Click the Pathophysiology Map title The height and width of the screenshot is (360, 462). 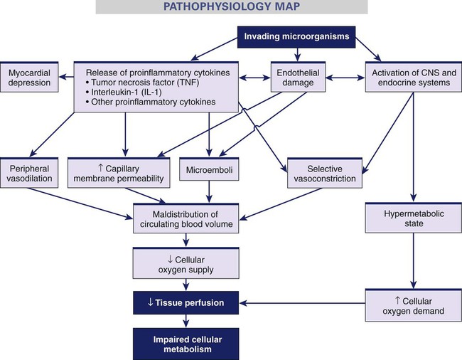tap(232, 8)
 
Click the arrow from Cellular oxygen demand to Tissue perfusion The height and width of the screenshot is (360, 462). tap(306, 304)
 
